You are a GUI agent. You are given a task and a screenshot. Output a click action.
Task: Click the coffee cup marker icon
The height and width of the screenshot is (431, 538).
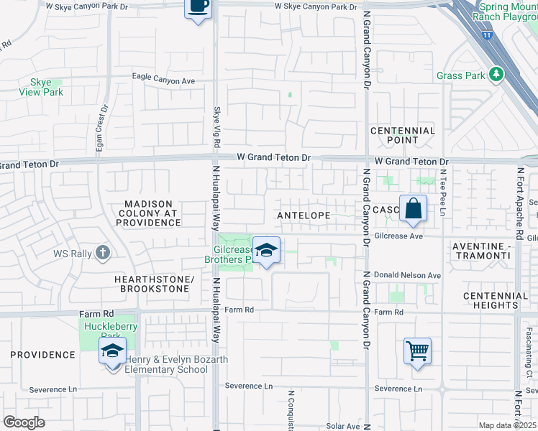point(198,6)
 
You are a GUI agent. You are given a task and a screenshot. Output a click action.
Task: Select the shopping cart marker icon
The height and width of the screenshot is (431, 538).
point(417,351)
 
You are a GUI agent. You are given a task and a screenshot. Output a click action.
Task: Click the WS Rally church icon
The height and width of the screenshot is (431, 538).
point(103,252)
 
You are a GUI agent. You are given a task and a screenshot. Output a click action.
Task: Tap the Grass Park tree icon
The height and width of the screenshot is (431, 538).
point(495,75)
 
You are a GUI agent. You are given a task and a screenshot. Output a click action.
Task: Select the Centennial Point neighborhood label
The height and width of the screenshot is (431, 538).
point(403,135)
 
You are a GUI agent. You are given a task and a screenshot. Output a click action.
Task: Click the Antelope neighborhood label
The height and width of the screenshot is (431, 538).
point(304,215)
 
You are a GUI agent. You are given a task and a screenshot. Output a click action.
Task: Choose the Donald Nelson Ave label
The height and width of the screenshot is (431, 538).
point(408,275)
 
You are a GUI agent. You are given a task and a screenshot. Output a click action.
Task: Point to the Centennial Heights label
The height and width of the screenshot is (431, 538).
point(496,300)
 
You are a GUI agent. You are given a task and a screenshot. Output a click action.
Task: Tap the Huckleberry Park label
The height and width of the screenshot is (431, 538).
point(111,330)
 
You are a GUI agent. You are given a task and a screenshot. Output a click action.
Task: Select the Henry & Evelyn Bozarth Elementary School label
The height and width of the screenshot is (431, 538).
point(166,364)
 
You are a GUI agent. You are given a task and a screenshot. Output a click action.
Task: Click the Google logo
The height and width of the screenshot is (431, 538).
point(24,422)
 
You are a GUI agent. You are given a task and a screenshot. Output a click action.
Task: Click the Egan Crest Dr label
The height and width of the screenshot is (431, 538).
point(101,129)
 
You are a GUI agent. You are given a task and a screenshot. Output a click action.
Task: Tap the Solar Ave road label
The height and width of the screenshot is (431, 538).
point(342,426)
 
